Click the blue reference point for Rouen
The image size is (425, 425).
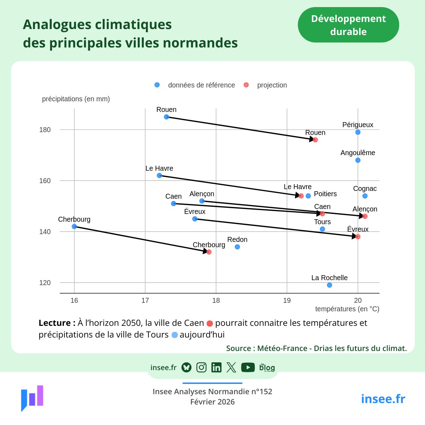[166, 117]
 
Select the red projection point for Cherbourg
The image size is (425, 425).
[209, 252]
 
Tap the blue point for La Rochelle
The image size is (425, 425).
[329, 285]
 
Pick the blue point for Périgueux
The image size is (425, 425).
[358, 132]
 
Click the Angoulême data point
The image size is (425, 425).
[358, 160]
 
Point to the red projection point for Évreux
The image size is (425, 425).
[358, 237]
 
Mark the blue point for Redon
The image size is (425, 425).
[237, 247]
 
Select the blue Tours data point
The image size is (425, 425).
[322, 229]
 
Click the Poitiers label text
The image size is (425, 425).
[325, 194]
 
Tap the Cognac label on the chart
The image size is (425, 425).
[365, 188]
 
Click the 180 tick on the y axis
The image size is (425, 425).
[45, 130]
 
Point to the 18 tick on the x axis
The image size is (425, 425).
[216, 300]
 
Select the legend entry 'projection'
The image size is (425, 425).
[272, 85]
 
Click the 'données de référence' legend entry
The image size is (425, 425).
[201, 85]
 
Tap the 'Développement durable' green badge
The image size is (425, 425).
[348, 25]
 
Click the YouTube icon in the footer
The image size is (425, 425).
[248, 368]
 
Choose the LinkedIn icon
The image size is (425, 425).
[216, 368]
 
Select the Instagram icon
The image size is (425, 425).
[202, 368]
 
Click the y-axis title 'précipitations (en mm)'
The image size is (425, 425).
[76, 99]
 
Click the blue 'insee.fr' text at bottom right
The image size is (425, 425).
[383, 399]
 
